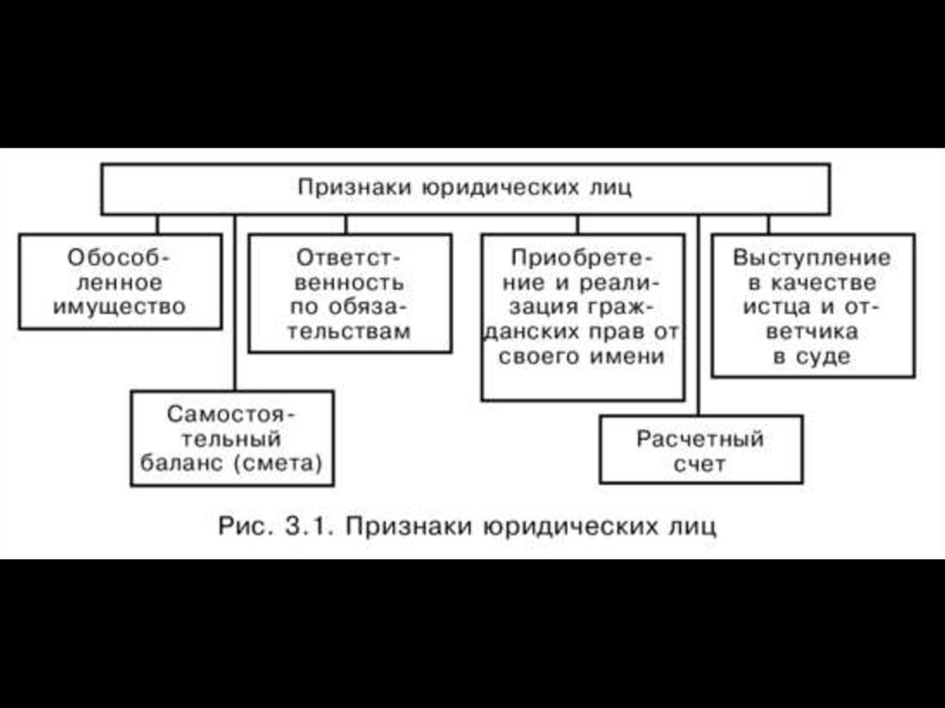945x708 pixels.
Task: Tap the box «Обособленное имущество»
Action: click(120, 281)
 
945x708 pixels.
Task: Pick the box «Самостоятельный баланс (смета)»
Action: click(232, 438)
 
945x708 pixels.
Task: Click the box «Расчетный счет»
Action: click(700, 450)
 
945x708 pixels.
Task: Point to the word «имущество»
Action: click(119, 306)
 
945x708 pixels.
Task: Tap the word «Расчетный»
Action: click(700, 438)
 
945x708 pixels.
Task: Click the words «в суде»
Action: click(812, 356)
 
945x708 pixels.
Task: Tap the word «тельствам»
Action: click(351, 331)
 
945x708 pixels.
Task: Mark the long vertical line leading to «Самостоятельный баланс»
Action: click(234, 305)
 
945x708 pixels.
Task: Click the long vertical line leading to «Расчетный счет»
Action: click(699, 314)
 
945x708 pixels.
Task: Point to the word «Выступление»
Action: click(812, 257)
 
